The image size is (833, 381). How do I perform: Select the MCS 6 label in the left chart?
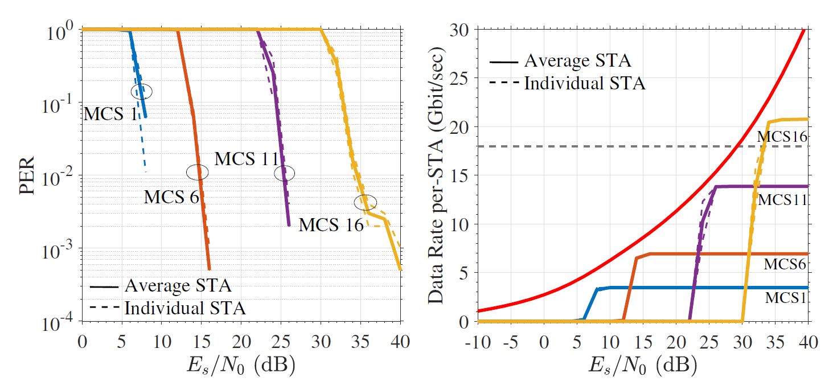coord(171,197)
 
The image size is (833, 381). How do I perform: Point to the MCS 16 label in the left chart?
coord(331,225)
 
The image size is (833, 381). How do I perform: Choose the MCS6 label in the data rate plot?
coord(785,264)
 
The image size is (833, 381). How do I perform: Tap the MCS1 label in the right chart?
coord(785,297)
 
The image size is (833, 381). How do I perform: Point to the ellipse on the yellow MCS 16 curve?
coord(365,202)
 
